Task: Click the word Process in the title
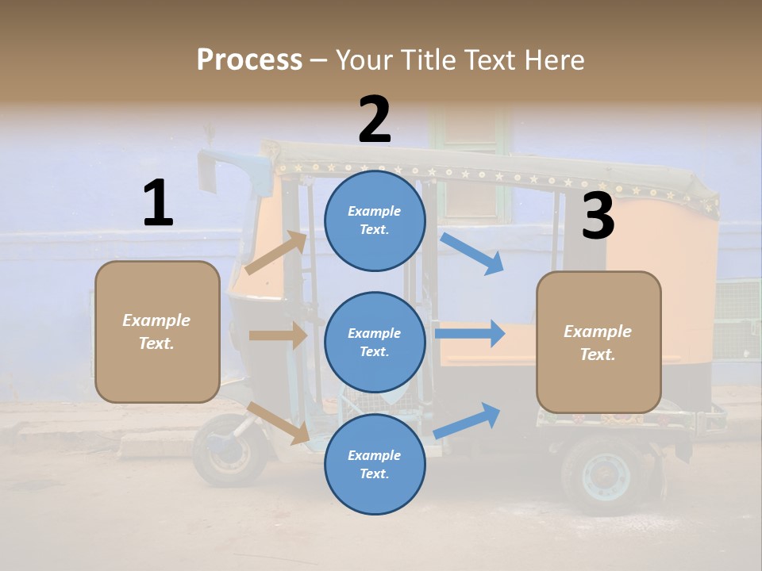point(249,60)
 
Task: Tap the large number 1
point(158,204)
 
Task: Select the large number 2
point(375,120)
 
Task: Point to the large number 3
point(598,217)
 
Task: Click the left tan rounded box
point(157,331)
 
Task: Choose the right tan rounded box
point(598,342)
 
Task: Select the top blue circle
point(375,220)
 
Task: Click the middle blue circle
point(375,343)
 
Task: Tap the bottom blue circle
point(375,465)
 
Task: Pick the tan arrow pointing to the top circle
point(276,253)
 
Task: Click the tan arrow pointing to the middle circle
point(278,335)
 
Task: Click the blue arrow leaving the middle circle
point(470,334)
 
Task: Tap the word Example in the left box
point(156,320)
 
